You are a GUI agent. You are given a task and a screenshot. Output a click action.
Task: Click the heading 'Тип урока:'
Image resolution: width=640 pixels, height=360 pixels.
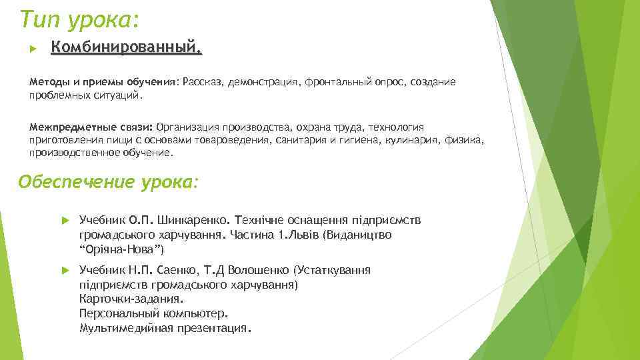[x=79, y=19]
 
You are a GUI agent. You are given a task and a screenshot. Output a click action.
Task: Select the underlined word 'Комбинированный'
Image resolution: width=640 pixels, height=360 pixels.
[x=125, y=48]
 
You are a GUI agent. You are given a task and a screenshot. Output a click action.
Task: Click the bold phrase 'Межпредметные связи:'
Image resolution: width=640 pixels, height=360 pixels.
[x=91, y=127]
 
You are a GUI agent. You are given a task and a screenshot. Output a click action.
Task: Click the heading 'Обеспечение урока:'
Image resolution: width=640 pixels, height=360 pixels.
[x=108, y=182]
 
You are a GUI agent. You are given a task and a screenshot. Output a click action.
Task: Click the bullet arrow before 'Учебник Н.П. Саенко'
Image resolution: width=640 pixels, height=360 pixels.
[x=65, y=270]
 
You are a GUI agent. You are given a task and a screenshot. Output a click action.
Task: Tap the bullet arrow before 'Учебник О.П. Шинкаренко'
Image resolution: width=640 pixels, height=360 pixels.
[x=65, y=219]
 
